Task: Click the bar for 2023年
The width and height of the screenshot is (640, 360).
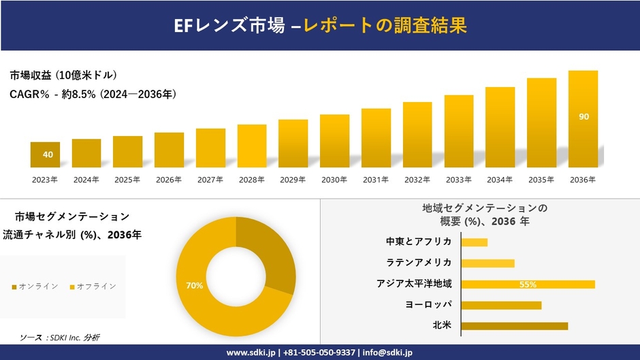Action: click(45, 154)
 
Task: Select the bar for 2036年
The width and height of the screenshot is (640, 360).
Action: click(583, 119)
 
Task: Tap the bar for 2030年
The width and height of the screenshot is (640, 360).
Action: click(334, 141)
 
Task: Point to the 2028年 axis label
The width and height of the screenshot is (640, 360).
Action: click(252, 180)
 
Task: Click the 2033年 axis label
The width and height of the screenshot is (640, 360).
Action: click(459, 180)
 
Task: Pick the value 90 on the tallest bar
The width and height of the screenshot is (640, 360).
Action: click(583, 117)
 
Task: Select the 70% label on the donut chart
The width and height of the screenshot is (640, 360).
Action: click(194, 286)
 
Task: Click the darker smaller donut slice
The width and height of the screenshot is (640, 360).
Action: click(269, 255)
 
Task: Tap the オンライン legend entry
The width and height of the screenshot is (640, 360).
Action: click(35, 286)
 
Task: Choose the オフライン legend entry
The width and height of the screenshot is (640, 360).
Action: click(93, 286)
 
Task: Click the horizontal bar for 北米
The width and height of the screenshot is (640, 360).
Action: click(514, 326)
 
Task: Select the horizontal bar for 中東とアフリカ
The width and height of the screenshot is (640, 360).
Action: click(474, 242)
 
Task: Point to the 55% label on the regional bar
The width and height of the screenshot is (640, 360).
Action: click(528, 284)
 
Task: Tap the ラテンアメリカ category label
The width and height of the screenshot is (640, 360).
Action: click(419, 263)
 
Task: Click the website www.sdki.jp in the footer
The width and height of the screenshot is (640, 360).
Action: click(251, 353)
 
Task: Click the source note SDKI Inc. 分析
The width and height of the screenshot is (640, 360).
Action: click(65, 338)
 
